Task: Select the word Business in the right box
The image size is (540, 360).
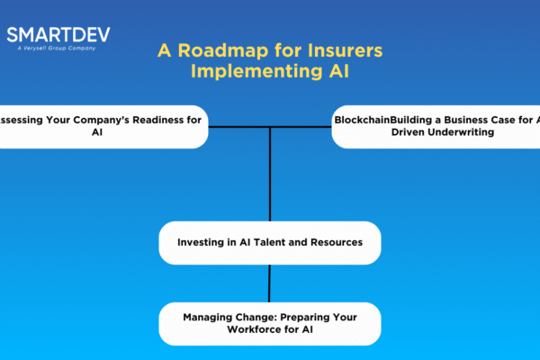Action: [x=472, y=119]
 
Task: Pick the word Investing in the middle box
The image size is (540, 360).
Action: [x=202, y=243]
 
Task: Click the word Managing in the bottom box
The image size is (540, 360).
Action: [x=211, y=317]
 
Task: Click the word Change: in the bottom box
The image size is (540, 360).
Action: [x=261, y=317]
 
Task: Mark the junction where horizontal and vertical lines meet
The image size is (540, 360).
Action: [x=270, y=127]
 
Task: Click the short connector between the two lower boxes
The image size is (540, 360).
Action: [x=270, y=283]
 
